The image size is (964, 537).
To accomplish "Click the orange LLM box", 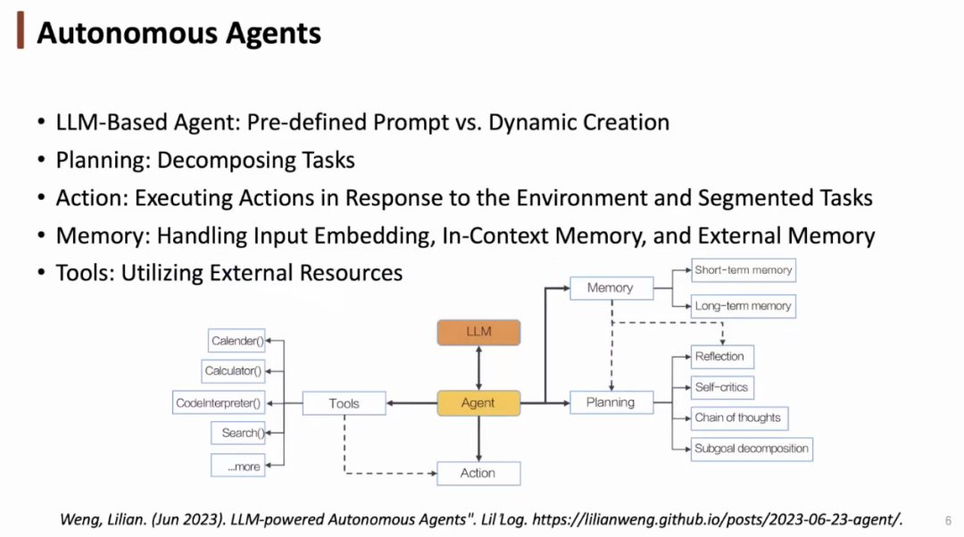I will (478, 332).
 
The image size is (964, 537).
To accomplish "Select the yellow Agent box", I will (478, 403).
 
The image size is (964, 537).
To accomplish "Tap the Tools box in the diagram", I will (344, 403).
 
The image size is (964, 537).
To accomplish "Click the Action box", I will (478, 473).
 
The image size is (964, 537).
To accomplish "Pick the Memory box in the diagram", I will (611, 288).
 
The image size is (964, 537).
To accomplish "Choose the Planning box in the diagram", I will (611, 402).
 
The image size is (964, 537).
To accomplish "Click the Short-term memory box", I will (744, 269).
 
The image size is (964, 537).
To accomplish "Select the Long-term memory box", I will (744, 306).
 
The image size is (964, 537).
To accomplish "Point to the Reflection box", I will (720, 357).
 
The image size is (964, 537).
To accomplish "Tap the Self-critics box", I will (721, 387).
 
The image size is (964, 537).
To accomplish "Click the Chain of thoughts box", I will (738, 417).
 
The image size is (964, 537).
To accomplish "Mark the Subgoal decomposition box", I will (752, 449).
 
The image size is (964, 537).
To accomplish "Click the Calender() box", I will (237, 341).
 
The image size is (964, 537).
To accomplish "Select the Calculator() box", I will (233, 371).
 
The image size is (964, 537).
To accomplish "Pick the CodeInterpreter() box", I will (219, 403).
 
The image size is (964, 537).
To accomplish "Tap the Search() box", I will (242, 434).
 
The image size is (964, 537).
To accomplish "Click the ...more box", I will (238, 466).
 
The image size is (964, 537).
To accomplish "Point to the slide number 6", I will (947, 520).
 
